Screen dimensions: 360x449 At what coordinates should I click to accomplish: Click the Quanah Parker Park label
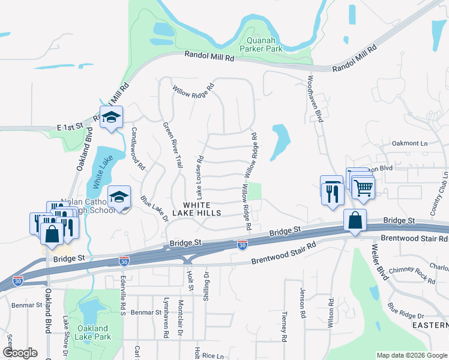261,44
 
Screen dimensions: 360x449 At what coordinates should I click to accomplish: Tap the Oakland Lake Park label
92,332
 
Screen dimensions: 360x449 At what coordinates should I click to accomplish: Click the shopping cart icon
363,188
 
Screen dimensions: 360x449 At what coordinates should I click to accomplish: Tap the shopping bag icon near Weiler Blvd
355,220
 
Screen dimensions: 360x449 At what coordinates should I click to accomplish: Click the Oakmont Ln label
409,143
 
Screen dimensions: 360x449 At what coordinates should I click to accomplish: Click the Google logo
20,353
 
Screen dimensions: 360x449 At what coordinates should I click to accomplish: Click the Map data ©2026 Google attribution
411,355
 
